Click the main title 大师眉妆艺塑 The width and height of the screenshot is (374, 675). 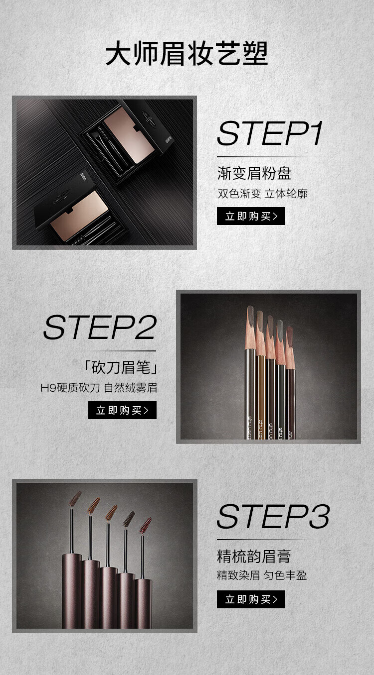point(187,54)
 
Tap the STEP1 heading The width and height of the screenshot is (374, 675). point(270,133)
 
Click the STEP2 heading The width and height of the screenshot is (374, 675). point(100,327)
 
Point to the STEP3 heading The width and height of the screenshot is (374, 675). point(273,516)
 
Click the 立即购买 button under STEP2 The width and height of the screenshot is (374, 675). point(122,410)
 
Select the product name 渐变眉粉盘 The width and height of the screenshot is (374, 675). point(254,173)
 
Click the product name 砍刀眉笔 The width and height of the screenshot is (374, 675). point(120,367)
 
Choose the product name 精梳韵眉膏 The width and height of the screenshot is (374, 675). point(254,556)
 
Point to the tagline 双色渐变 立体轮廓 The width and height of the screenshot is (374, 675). point(263,194)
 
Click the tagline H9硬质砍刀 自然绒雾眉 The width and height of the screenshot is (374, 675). point(99,388)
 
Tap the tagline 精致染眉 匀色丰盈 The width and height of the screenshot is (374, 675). point(262,575)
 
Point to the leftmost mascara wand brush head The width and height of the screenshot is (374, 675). point(75,498)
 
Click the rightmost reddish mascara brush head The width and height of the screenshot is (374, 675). point(145,525)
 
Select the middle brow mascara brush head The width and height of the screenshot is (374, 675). point(111,512)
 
